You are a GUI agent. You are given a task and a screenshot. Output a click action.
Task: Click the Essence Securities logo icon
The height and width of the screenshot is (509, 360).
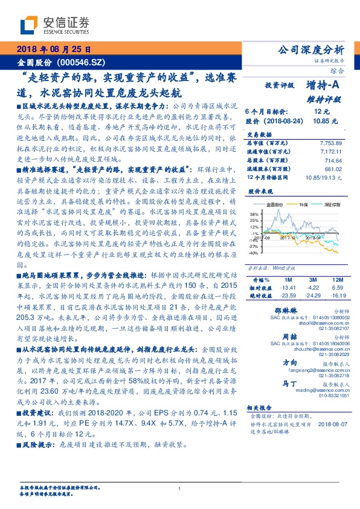click(30, 25)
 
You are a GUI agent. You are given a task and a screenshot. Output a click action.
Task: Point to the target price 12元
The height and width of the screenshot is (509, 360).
click(321, 112)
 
